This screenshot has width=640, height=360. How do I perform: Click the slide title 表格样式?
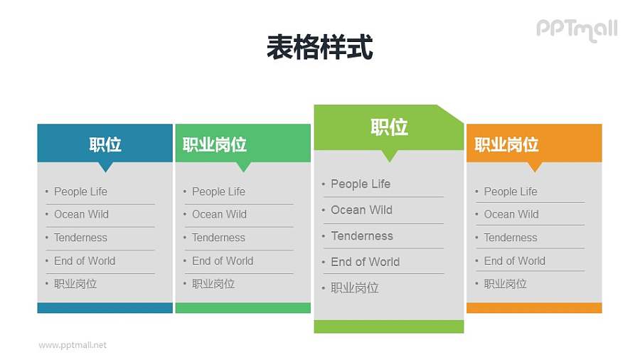point(319,48)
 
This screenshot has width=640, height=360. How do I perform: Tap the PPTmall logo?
point(576,29)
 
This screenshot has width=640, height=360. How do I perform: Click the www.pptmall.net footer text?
point(73,345)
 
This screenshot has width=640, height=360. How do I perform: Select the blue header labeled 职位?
point(105,144)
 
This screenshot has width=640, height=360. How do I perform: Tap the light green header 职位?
point(389,127)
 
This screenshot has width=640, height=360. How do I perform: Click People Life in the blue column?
point(80,191)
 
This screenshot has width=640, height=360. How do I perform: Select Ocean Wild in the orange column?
point(511,214)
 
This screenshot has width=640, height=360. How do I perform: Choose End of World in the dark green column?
point(222,261)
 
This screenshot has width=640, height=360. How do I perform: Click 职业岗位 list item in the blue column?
point(75,284)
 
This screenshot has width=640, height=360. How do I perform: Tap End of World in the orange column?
point(514,261)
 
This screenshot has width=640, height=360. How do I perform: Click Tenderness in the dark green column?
point(218,238)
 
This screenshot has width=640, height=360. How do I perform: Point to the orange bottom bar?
point(534,308)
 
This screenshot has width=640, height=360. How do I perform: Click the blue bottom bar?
point(105,308)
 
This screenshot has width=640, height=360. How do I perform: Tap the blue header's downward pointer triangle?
point(105,167)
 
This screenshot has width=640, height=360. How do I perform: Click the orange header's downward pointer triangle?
point(535,167)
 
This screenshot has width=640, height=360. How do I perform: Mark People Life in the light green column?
point(361,184)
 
